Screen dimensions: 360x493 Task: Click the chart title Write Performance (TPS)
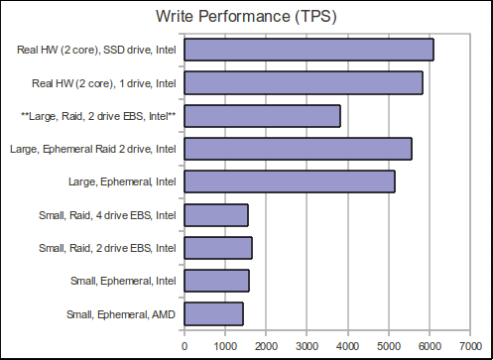click(x=245, y=16)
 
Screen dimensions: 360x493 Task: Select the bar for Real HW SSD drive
click(x=308, y=50)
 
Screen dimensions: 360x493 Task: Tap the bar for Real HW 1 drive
click(x=304, y=82)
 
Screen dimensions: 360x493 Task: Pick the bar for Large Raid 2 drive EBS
click(x=263, y=116)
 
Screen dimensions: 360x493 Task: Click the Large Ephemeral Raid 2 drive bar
click(x=298, y=149)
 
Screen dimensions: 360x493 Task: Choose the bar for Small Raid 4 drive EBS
click(x=216, y=214)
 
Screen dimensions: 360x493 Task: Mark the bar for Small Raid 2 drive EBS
click(x=218, y=248)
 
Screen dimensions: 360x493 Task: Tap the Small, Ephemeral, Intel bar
click(x=216, y=281)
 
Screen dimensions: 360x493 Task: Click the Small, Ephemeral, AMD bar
click(x=213, y=313)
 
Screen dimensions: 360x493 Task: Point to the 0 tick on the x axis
click(x=185, y=345)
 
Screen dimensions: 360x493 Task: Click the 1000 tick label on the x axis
click(x=225, y=345)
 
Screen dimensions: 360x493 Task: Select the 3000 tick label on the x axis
click(x=307, y=345)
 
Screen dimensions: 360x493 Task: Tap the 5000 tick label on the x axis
click(x=389, y=345)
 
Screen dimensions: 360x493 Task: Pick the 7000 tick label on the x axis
click(x=470, y=345)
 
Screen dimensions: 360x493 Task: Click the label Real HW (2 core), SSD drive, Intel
click(x=97, y=50)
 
